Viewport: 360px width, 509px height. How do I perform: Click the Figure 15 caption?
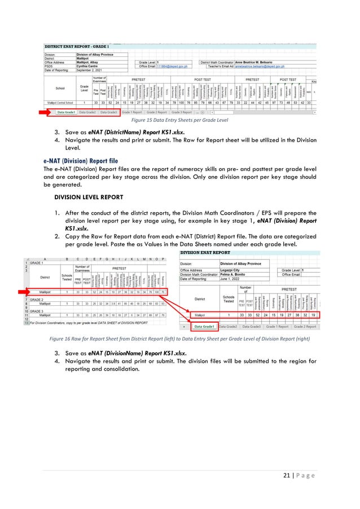click(x=179, y=121)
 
